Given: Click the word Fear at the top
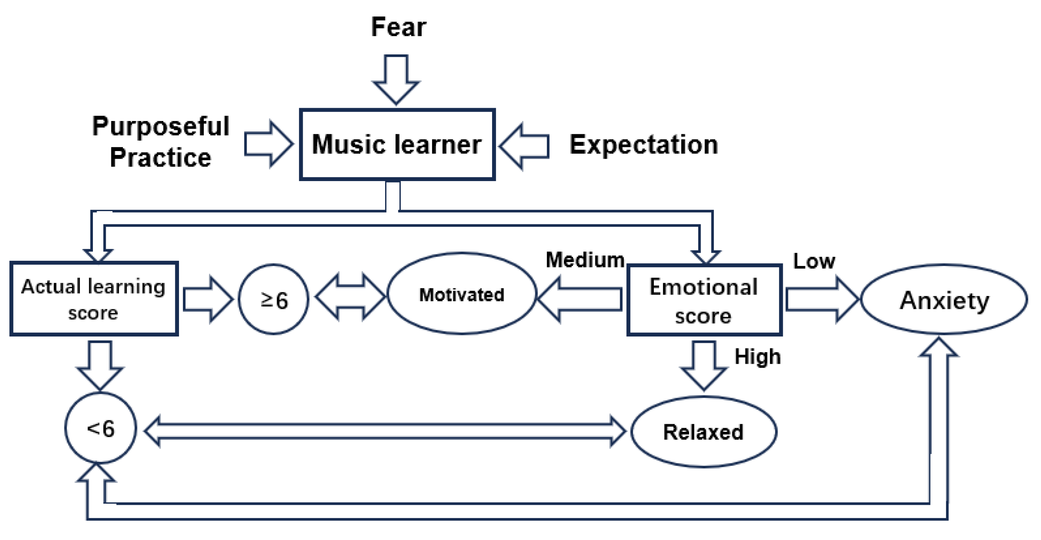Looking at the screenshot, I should click(x=398, y=28).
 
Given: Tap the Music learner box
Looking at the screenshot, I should click(x=397, y=144).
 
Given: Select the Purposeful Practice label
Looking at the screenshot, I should click(x=161, y=141).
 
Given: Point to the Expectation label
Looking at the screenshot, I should click(x=644, y=145).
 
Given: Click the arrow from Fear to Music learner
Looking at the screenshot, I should click(x=396, y=79).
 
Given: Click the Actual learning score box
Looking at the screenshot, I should click(x=94, y=299).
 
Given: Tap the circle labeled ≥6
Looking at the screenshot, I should click(x=273, y=300).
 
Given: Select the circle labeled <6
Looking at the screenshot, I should click(x=100, y=428).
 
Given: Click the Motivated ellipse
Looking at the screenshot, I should click(x=462, y=294).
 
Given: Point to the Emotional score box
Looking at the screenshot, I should click(x=704, y=300).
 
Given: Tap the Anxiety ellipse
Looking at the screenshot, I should click(x=945, y=300).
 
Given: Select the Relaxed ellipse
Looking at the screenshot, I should click(x=703, y=432).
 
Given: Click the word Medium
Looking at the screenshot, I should click(x=585, y=260).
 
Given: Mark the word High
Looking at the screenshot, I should click(x=757, y=357).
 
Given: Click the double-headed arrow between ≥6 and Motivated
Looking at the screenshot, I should click(x=350, y=297).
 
